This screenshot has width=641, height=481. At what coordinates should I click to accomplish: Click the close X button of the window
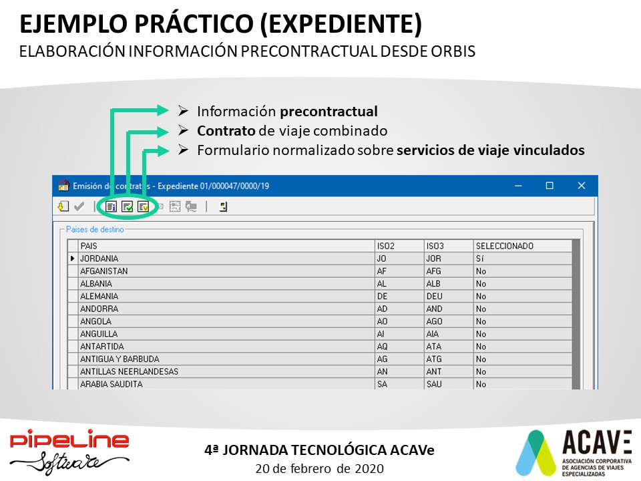pyautogui.click(x=582, y=186)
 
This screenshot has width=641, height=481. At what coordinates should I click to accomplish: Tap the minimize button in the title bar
pyautogui.click(x=518, y=186)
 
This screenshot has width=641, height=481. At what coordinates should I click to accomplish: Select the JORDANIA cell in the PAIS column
pyautogui.click(x=99, y=259)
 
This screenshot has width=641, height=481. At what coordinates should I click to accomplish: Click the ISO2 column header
pyautogui.click(x=385, y=246)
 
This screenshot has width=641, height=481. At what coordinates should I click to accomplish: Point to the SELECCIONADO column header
pyautogui.click(x=505, y=246)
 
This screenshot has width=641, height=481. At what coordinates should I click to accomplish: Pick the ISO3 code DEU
pyautogui.click(x=434, y=296)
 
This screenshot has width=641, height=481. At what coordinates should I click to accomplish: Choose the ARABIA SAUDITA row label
pyautogui.click(x=112, y=384)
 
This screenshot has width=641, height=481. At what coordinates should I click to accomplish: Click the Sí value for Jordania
pyautogui.click(x=480, y=259)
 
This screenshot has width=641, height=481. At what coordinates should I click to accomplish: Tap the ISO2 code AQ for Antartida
pyautogui.click(x=382, y=347)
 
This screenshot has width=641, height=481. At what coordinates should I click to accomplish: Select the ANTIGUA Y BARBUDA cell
pyautogui.click(x=120, y=359)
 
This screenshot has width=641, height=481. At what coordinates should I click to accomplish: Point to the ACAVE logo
pyautogui.click(x=574, y=453)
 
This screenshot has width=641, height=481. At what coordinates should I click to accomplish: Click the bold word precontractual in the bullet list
pyautogui.click(x=329, y=112)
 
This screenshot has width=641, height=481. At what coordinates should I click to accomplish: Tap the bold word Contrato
pyautogui.click(x=226, y=130)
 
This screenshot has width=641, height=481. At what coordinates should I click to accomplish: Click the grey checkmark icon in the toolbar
pyautogui.click(x=79, y=206)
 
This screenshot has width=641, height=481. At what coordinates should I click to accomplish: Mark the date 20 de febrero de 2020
pyautogui.click(x=320, y=468)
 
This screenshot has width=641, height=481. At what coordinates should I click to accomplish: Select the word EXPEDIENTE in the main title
pyautogui.click(x=340, y=23)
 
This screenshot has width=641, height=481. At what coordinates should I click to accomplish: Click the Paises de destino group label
pyautogui.click(x=95, y=229)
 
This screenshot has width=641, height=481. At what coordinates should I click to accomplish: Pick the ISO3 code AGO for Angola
pyautogui.click(x=434, y=321)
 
